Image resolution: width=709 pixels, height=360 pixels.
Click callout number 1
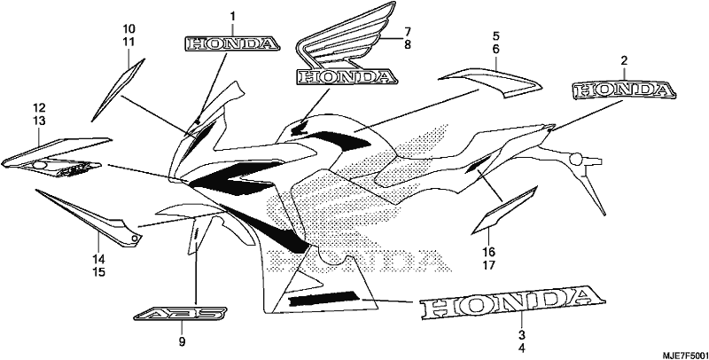click(x=233, y=17)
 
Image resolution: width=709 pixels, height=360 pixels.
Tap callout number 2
click(x=624, y=60)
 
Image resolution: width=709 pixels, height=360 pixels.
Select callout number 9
click(x=182, y=342)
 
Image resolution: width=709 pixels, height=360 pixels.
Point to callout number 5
click(x=496, y=35)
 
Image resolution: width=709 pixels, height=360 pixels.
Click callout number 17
click(x=489, y=264)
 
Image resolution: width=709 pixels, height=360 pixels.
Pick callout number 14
click(x=99, y=259)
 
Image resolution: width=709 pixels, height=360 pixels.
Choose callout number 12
click(x=39, y=107)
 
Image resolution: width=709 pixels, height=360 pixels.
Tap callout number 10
click(x=129, y=29)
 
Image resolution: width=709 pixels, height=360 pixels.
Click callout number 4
click(x=521, y=348)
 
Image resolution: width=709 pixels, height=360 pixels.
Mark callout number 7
click(x=408, y=32)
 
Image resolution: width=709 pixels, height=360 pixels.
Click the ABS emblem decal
click(x=181, y=313)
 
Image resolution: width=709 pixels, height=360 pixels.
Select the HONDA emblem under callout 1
click(x=232, y=43)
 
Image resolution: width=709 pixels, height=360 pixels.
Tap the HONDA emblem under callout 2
click(x=625, y=90)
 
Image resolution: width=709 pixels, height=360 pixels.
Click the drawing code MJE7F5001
click(x=684, y=355)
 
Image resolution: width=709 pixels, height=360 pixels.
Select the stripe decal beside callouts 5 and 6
click(x=491, y=82)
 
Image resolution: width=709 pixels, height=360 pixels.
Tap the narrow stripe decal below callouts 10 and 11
click(x=118, y=90)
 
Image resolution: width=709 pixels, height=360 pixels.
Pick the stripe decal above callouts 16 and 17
click(x=504, y=210)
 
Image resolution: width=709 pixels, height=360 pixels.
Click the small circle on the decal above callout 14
click(x=134, y=238)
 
